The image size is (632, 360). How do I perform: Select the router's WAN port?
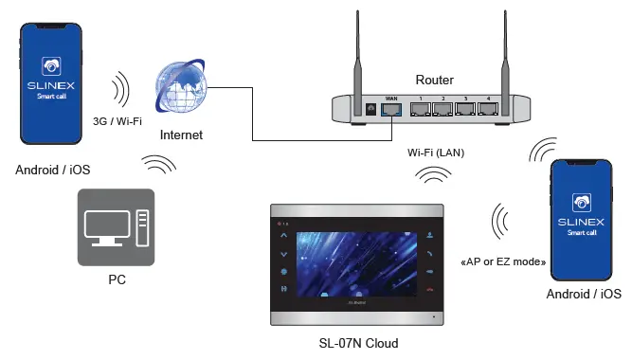[x=392, y=109]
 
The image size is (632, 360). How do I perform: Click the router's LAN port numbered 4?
[x=489, y=109]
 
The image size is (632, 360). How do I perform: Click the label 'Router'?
[x=435, y=81]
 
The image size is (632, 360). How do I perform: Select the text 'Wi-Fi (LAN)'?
[x=436, y=152]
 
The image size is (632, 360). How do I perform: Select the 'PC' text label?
[x=116, y=281]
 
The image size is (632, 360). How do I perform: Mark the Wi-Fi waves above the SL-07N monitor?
[x=435, y=176]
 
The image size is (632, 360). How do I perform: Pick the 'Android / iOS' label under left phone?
[x=53, y=171]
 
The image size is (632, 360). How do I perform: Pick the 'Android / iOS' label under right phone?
[x=584, y=296]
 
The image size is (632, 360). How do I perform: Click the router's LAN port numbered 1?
[x=418, y=109]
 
